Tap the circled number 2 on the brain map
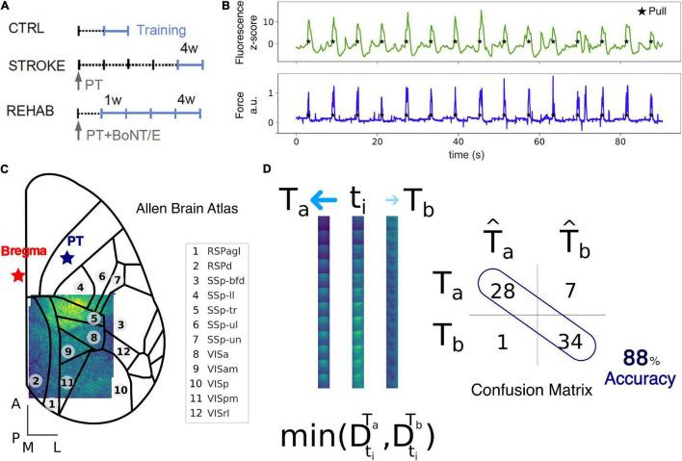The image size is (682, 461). tap(36, 381)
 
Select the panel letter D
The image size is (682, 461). tap(268, 168)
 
